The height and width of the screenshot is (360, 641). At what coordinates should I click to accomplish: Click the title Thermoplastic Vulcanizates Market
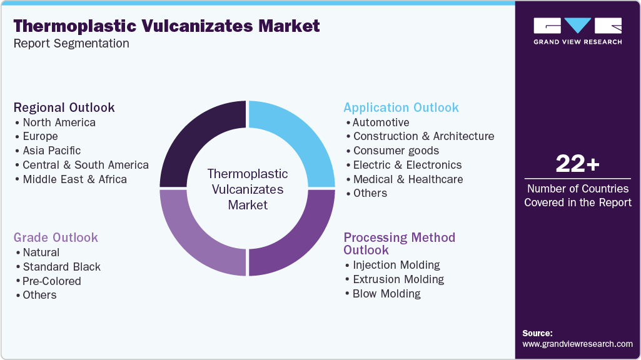point(166,26)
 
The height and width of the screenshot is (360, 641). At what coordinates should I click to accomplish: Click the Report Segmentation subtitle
point(71,44)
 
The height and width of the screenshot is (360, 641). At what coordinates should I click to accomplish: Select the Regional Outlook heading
point(64,107)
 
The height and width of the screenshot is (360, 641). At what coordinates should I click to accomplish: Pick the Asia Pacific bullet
point(51,151)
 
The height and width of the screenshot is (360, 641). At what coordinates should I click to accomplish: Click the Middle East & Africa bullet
point(74,179)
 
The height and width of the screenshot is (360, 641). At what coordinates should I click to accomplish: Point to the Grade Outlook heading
point(56,237)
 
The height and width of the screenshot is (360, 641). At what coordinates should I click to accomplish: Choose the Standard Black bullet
point(61,267)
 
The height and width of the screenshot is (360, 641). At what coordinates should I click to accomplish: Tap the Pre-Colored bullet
point(52,281)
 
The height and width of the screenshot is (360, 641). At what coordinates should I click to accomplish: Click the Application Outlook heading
point(401,107)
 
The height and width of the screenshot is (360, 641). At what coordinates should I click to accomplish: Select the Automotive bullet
point(381,122)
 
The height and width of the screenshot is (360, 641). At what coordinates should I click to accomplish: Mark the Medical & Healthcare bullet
point(408,179)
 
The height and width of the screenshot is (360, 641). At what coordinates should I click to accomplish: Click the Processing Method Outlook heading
point(399,244)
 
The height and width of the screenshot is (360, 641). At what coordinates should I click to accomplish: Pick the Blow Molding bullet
point(386,294)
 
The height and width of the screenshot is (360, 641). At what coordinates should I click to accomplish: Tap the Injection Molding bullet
point(396,265)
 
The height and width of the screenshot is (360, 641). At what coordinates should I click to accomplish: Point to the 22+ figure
point(577,164)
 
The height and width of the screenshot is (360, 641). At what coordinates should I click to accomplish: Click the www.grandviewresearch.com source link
point(577,344)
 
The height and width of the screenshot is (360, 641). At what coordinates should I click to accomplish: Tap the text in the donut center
point(248,189)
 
